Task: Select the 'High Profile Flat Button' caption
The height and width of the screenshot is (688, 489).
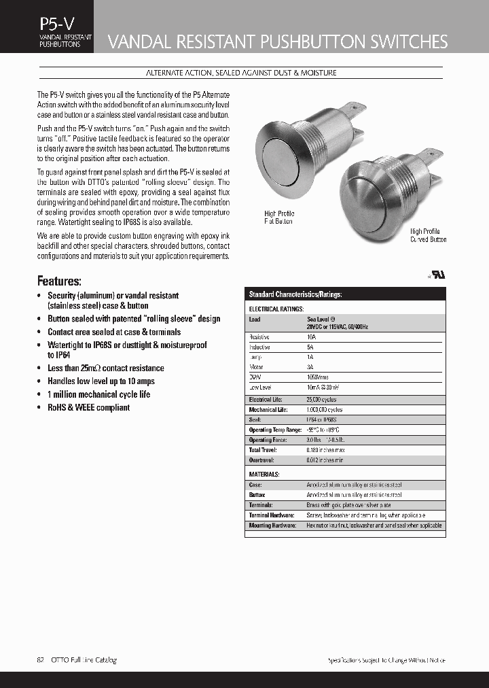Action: [x=278, y=218]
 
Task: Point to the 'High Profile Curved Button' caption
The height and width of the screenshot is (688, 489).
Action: [x=428, y=235]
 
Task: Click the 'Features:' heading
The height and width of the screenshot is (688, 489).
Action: [x=59, y=281]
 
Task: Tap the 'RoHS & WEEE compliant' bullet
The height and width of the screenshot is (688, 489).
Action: [x=88, y=407]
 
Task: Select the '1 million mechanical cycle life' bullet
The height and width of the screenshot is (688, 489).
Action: [x=98, y=394]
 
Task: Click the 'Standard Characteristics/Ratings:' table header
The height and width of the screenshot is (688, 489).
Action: [x=295, y=294]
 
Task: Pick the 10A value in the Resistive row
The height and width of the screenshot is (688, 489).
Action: [x=312, y=337]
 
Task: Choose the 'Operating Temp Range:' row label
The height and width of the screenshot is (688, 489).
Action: [x=275, y=430]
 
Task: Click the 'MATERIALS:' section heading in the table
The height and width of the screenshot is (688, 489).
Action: [x=264, y=474]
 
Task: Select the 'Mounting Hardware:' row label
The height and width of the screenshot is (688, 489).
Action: [x=272, y=526]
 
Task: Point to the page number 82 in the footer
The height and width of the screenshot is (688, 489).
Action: [x=41, y=659]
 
